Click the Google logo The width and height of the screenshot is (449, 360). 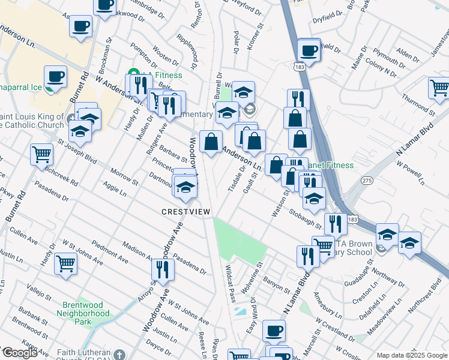[x=20, y=352]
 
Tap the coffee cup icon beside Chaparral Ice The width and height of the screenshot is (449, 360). [x=55, y=77]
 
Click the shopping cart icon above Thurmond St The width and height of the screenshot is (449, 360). [x=439, y=88]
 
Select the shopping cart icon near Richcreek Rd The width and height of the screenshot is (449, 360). [x=41, y=154]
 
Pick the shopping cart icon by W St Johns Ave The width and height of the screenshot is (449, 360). [x=65, y=263]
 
